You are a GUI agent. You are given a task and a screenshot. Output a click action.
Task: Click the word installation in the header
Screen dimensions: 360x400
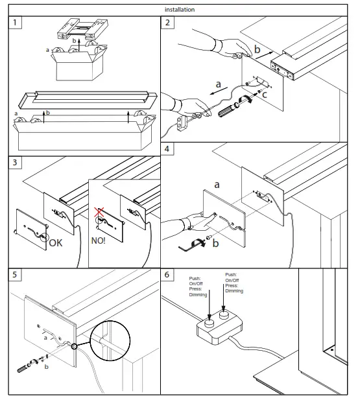(180, 10)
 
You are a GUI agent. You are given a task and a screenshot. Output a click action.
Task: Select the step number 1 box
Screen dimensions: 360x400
(15, 23)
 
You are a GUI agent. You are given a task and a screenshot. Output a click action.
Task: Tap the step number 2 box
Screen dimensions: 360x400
(167, 23)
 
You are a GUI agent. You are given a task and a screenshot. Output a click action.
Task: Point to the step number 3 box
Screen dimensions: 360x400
(15, 162)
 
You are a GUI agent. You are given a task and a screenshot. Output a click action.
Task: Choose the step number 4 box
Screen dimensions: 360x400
(167, 148)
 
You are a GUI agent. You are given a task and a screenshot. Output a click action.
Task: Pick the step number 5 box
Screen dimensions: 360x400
(15, 274)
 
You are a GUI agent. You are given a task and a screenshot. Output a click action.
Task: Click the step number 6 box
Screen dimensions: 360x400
(167, 274)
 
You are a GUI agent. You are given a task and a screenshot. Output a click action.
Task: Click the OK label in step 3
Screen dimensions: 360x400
(55, 243)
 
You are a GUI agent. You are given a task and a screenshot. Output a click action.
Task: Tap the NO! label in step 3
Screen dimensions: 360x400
(99, 241)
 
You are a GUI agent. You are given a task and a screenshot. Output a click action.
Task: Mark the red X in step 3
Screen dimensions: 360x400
(99, 212)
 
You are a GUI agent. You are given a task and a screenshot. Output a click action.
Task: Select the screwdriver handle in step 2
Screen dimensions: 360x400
(226, 111)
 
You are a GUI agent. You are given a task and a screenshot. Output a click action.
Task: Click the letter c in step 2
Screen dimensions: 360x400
(265, 95)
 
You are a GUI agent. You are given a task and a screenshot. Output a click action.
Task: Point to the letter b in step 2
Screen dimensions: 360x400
(257, 49)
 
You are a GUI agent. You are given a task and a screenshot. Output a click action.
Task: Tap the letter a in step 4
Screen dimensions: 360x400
(217, 184)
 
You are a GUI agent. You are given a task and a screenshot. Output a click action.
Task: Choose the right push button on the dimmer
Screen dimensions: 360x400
(224, 314)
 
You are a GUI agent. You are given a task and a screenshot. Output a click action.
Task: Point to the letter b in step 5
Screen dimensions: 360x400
(47, 366)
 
